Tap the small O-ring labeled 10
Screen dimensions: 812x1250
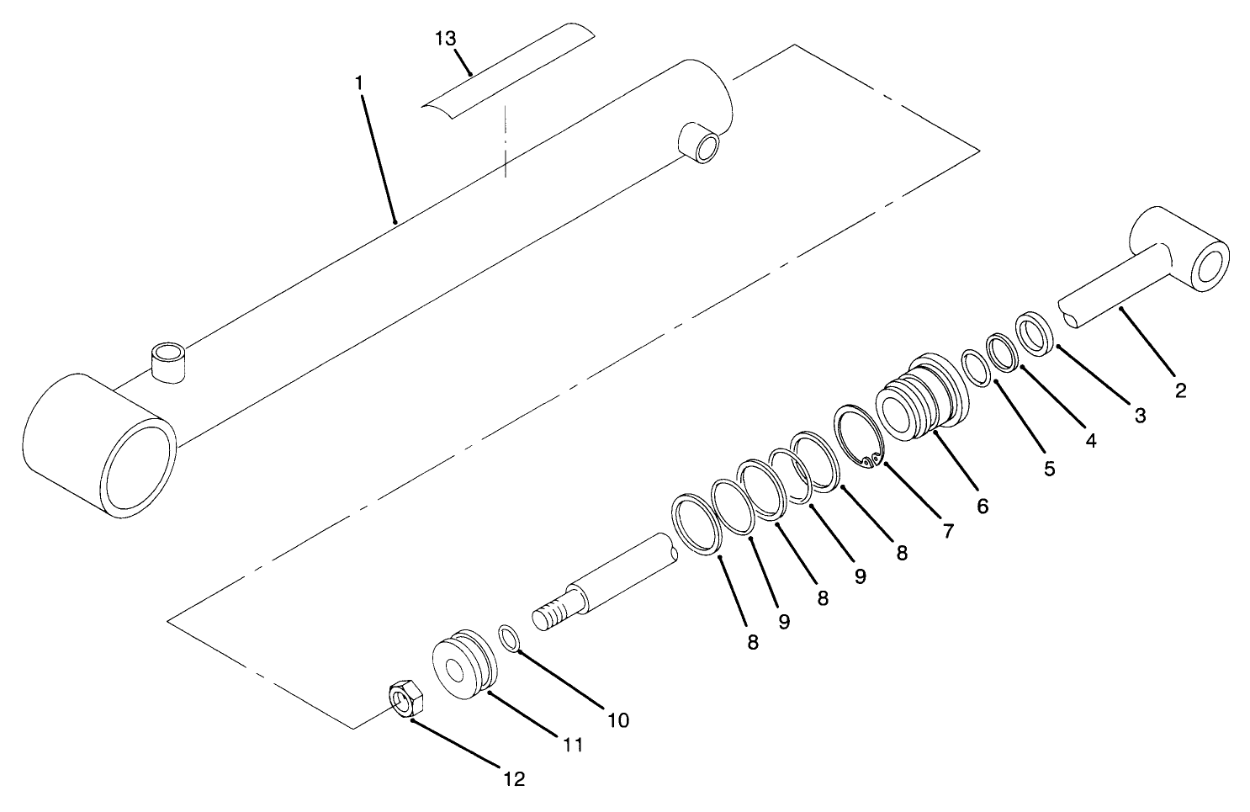[x=510, y=637]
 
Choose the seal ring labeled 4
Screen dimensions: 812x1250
[x=1001, y=351]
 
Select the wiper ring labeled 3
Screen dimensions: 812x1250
[x=1034, y=333]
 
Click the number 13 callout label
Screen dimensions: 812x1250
[x=446, y=39]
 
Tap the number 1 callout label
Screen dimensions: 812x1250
[x=359, y=83]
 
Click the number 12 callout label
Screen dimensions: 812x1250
[x=513, y=779]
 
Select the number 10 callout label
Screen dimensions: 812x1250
[x=617, y=720]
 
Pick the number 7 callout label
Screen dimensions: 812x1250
[x=947, y=531]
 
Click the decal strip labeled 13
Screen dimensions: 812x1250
[x=505, y=76]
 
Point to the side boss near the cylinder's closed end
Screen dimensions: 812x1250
[x=700, y=142]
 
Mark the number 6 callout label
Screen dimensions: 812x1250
[x=983, y=506]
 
